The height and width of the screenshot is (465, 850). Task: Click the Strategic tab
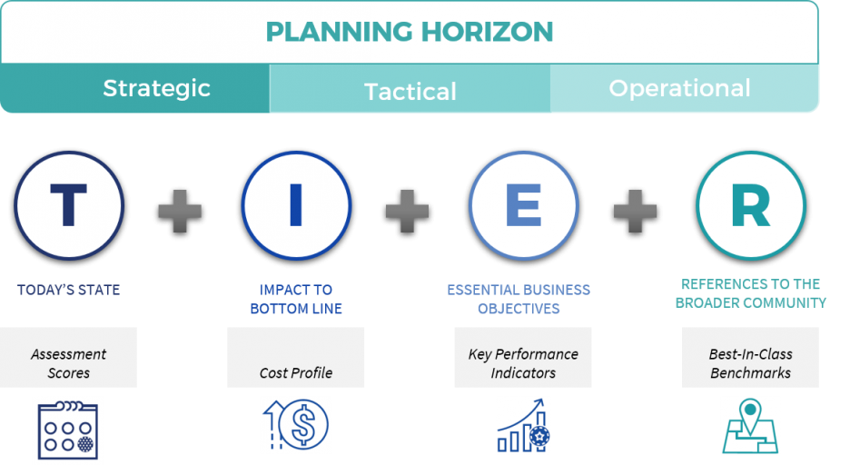[x=156, y=88]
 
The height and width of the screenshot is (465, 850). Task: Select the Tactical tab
[x=410, y=91]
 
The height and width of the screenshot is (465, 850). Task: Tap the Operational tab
[x=679, y=88]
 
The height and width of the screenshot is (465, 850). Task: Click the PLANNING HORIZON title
[x=410, y=32]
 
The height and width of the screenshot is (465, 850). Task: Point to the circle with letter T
[x=69, y=206]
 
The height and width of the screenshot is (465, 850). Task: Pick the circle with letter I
[x=296, y=206]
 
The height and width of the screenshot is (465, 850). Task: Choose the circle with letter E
[x=523, y=206]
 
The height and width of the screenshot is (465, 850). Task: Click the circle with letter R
[x=750, y=206]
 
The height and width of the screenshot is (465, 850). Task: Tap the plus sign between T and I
[x=180, y=211]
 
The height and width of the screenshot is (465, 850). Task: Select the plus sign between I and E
[x=407, y=211]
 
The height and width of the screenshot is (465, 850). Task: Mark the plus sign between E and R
[x=635, y=211]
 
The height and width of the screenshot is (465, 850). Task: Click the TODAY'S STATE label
[x=69, y=291]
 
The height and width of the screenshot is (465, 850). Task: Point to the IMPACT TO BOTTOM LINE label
[x=296, y=299]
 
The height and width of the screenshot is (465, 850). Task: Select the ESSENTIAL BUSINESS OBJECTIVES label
[x=519, y=299]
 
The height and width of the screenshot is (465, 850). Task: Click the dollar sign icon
[x=296, y=425]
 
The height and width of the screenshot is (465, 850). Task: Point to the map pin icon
[x=750, y=425]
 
